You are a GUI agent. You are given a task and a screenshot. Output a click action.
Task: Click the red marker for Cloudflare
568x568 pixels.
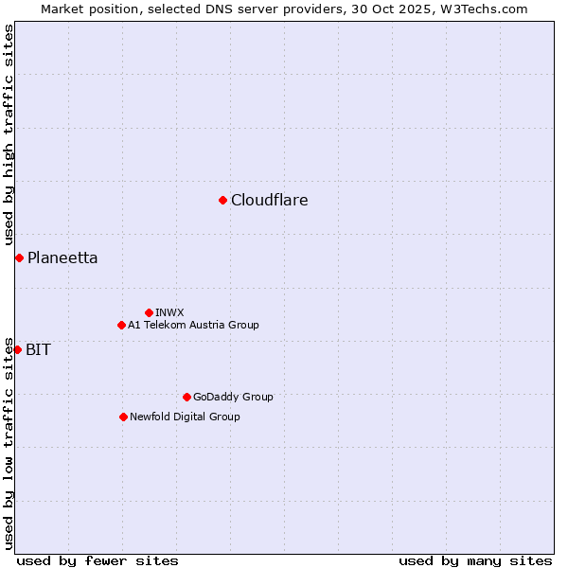[222, 200]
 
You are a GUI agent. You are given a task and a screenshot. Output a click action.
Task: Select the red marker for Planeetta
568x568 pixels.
[19, 257]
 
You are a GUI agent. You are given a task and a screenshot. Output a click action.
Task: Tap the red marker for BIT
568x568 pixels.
[17, 349]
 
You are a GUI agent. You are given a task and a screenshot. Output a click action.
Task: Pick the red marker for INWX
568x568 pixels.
[149, 312]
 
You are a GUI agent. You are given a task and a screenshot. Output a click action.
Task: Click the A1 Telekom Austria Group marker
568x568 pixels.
[121, 325]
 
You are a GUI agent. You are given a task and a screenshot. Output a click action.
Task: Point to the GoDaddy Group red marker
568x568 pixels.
[186, 397]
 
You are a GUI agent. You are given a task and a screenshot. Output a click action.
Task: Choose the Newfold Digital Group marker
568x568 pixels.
[123, 417]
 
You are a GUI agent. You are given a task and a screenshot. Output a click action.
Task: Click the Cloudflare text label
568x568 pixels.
[270, 200]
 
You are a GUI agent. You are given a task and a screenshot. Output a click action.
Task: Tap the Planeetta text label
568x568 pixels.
[62, 257]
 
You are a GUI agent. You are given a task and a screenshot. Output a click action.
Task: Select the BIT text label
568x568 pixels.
[39, 349]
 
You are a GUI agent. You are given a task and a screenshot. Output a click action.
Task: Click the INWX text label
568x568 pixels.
[169, 312]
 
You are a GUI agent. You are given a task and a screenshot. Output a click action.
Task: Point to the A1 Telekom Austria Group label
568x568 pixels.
[193, 325]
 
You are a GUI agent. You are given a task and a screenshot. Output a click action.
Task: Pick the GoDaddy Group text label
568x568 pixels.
[233, 397]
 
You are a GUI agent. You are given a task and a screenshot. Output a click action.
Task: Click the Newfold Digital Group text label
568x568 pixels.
[185, 417]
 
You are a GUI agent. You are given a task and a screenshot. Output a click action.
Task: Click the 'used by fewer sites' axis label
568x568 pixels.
[98, 560]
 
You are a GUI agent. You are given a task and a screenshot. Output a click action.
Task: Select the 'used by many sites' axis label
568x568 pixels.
[475, 560]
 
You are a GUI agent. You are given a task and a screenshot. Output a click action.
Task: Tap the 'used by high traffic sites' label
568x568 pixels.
[9, 134]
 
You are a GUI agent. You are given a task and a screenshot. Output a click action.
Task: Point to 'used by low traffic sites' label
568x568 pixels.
[9, 442]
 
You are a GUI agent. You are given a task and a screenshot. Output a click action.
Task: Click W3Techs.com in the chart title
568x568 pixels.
[488, 9]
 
